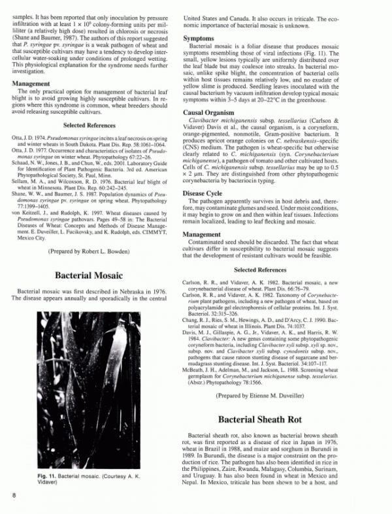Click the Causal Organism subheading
(210, 112)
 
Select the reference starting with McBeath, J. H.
(277, 372)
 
